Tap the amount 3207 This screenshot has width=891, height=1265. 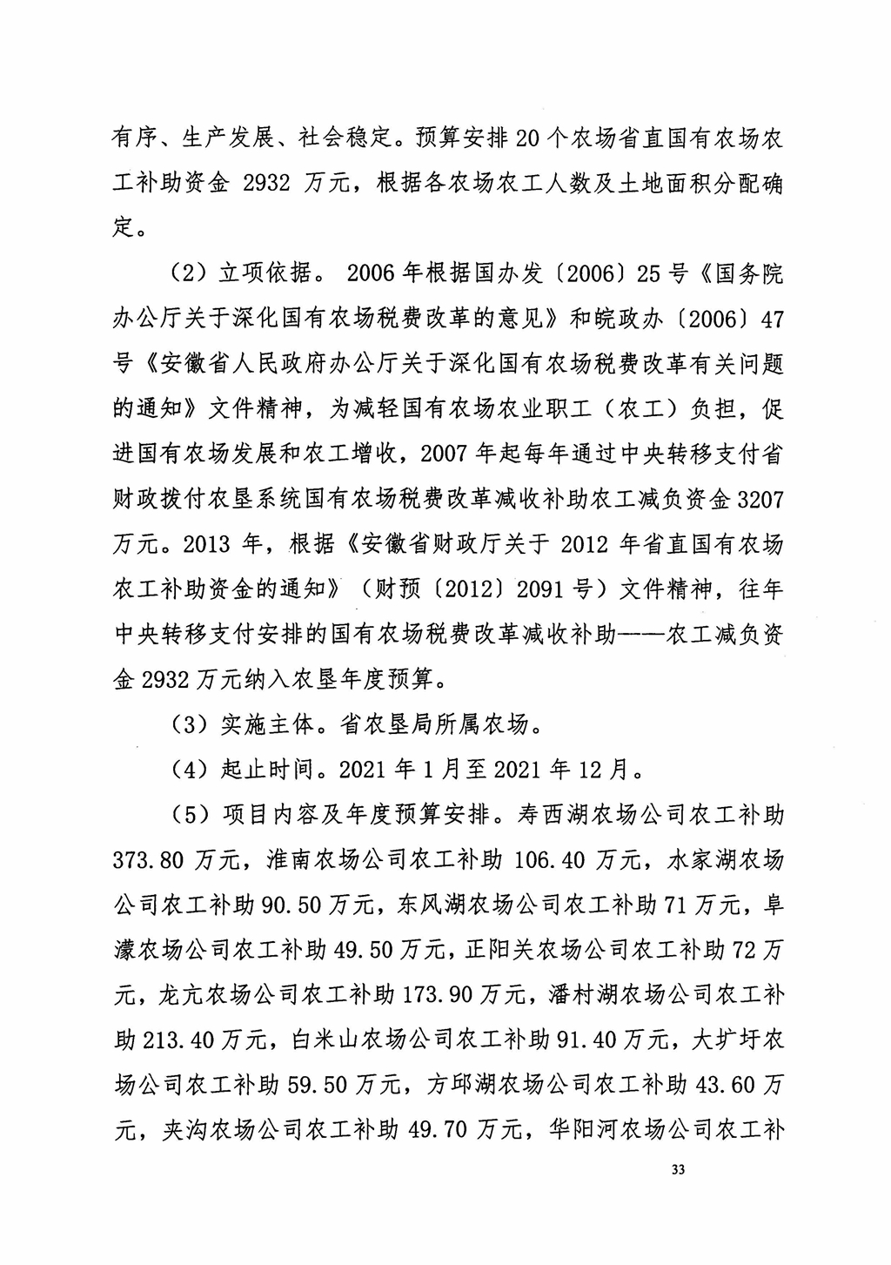pos(760,500)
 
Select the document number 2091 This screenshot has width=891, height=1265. pos(539,589)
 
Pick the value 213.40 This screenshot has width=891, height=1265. pos(176,1039)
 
